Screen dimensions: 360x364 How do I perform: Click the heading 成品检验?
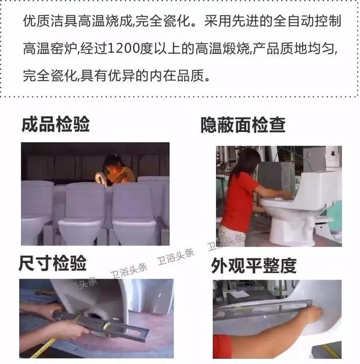(x=56, y=124)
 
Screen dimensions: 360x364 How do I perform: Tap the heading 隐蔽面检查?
(x=243, y=125)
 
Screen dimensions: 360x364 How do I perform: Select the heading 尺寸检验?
(x=52, y=263)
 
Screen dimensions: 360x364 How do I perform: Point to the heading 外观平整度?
(x=254, y=266)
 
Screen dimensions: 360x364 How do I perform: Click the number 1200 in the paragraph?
(x=123, y=48)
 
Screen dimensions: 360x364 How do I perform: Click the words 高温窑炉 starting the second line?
(x=50, y=48)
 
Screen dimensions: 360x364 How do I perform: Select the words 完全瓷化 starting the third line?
(x=50, y=76)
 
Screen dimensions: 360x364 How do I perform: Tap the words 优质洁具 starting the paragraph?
(x=50, y=21)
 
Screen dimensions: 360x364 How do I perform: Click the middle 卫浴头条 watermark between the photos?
(x=175, y=257)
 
